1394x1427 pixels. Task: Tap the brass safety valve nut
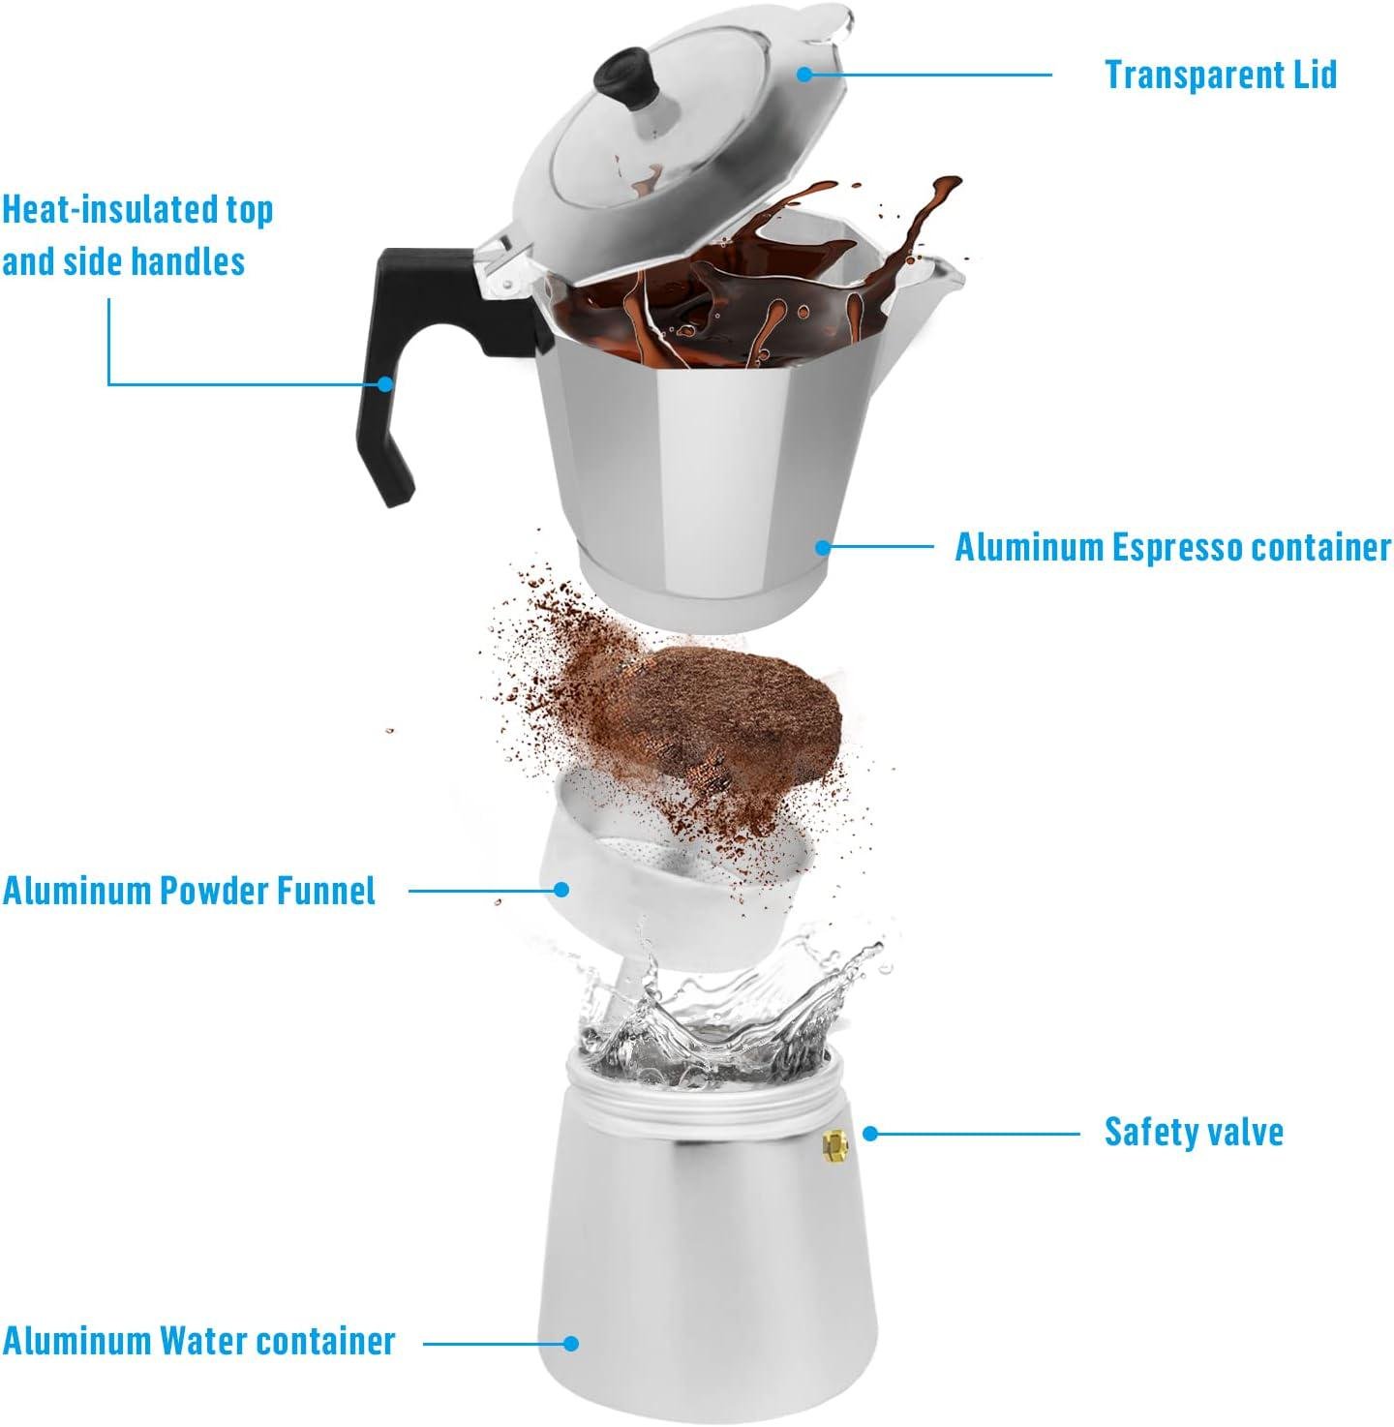(x=834, y=1146)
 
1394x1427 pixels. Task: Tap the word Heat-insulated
(x=109, y=210)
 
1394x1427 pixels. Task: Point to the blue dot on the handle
(x=385, y=383)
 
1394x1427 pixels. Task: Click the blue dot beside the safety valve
(x=869, y=1133)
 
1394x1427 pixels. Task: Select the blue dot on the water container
(x=571, y=1343)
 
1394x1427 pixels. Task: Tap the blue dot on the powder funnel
(x=561, y=889)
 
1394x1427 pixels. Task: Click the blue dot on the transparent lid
(x=803, y=73)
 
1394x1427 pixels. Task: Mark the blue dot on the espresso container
(x=822, y=547)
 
